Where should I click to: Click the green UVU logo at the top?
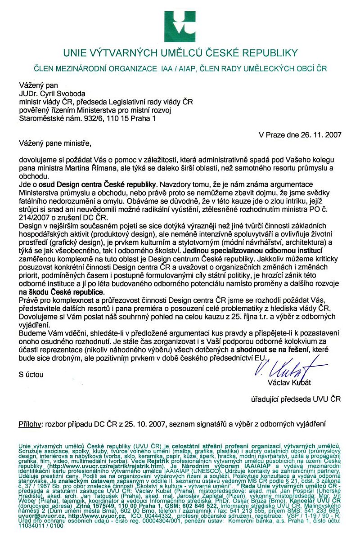point(180,26)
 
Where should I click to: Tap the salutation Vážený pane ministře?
point(55,144)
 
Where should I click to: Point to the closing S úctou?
point(30,374)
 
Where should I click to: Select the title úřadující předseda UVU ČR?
point(296,399)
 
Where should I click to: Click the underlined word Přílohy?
point(30,424)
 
